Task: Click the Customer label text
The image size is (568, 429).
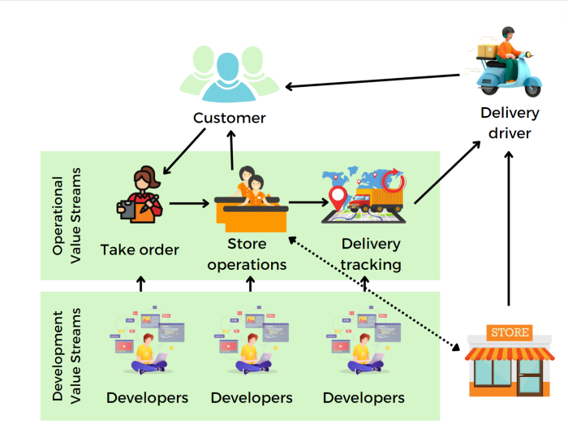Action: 229,119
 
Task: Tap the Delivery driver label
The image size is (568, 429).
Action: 510,122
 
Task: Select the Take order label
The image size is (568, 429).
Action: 140,249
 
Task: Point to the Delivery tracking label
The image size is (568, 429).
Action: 371,253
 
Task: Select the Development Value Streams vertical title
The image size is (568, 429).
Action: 64,355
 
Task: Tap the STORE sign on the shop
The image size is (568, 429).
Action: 510,332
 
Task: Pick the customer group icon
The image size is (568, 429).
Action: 229,76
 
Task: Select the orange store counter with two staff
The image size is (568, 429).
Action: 252,203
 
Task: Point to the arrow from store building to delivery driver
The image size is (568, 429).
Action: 510,227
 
